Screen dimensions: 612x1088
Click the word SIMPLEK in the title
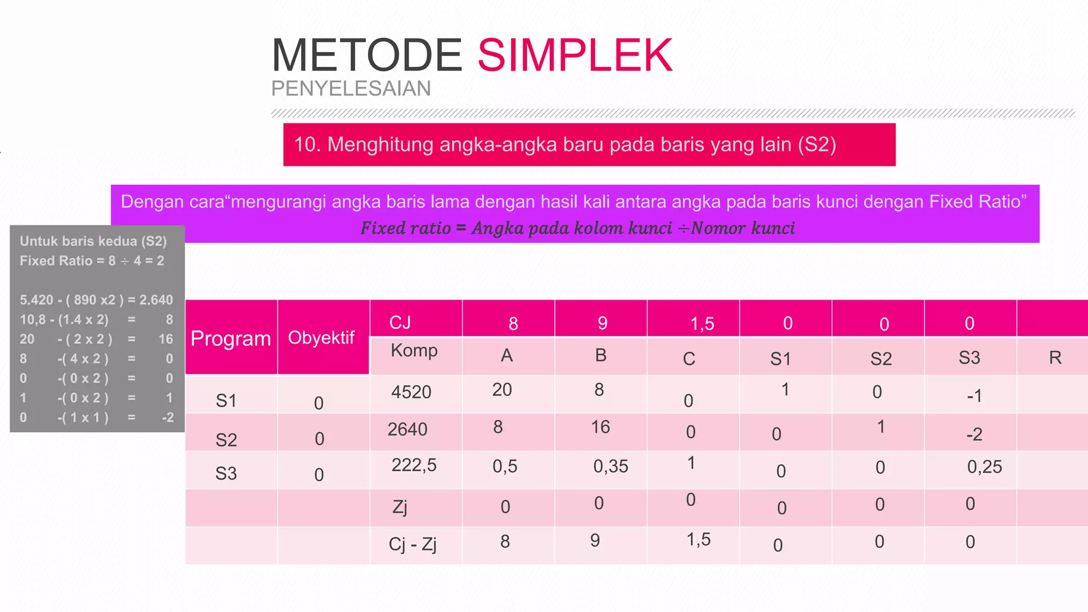point(575,55)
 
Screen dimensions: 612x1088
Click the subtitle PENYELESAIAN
point(351,89)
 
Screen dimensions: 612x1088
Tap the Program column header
point(231,338)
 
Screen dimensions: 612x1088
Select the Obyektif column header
point(321,338)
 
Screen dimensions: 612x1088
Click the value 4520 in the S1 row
point(411,392)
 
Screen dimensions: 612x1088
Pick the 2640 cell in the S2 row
point(407,429)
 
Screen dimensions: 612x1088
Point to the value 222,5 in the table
point(414,465)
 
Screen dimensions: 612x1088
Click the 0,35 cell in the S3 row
point(610,466)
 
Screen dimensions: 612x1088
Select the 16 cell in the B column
point(600,427)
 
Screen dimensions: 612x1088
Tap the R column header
point(1055,358)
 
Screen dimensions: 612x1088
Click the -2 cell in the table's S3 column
point(974,435)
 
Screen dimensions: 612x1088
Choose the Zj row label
point(399,507)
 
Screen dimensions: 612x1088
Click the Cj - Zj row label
point(412,544)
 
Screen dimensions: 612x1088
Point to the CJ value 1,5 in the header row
point(702,324)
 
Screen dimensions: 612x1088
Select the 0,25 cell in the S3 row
point(984,467)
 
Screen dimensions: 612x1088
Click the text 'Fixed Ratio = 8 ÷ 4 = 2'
point(92,261)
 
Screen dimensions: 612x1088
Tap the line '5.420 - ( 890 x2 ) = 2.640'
point(96,300)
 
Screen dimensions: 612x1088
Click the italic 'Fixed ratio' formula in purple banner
point(577,228)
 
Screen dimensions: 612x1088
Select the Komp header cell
point(414,351)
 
